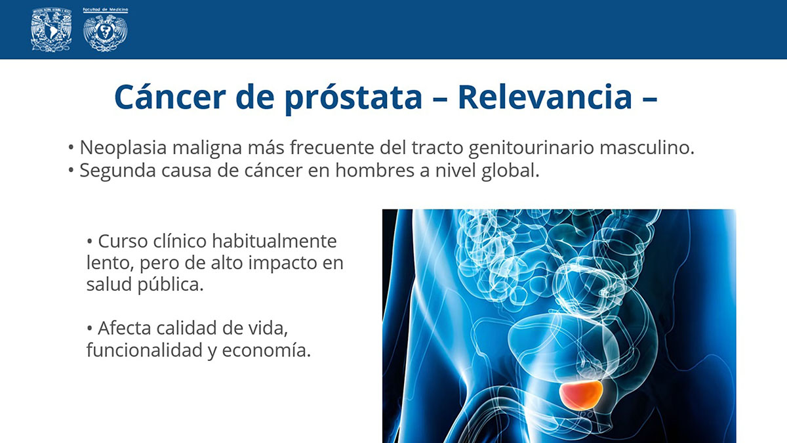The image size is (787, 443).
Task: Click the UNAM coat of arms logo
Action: [51, 30]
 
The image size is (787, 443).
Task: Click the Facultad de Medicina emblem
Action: [106, 30]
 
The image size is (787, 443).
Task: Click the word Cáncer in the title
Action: [170, 96]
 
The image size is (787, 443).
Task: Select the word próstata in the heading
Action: [353, 98]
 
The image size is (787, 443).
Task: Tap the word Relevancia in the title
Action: [545, 96]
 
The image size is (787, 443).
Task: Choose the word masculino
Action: [647, 147]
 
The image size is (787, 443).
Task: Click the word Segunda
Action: [118, 171]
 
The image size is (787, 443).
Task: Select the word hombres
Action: [374, 170]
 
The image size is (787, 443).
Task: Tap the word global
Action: [510, 171]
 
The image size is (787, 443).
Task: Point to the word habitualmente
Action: [274, 242]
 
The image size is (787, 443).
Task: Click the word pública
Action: [171, 284]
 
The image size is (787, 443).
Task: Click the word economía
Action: [266, 350]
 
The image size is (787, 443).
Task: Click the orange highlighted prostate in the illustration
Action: [581, 395]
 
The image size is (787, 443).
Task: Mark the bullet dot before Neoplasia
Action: [71, 148]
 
